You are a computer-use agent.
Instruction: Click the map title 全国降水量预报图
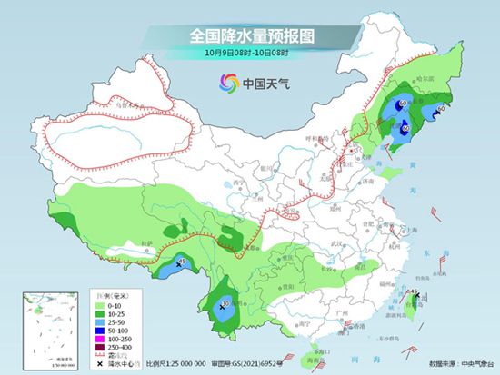click(249, 36)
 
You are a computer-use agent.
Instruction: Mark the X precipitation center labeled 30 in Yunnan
click(221, 307)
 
